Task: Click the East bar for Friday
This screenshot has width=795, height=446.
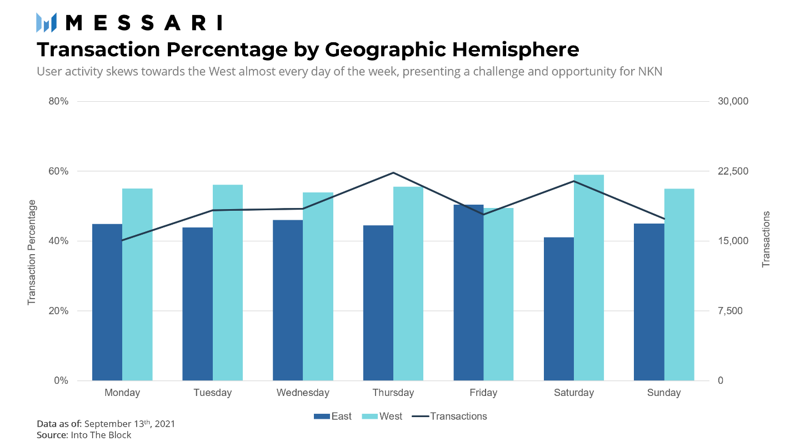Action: point(468,293)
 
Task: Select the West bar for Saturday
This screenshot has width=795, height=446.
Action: point(589,277)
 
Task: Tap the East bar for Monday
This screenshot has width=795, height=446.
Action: point(107,302)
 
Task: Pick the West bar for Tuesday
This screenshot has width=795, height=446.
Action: point(227,283)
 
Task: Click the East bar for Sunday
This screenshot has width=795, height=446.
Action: point(649,302)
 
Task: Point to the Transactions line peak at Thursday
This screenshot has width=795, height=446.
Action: point(393,173)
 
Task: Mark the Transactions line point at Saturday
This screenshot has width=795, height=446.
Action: point(574,181)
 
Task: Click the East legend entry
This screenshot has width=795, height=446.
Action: point(333,416)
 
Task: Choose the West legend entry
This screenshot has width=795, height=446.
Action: point(382,416)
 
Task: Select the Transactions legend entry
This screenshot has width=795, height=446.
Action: point(449,416)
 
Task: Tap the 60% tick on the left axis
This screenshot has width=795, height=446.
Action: point(58,171)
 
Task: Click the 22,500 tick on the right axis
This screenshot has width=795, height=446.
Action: point(733,171)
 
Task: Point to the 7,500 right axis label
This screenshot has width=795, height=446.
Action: point(730,311)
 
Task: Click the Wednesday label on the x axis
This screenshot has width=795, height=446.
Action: point(303,393)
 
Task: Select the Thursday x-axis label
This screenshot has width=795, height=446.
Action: point(393,393)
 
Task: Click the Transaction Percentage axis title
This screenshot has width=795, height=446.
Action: point(32,252)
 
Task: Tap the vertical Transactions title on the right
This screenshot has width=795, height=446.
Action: point(766,239)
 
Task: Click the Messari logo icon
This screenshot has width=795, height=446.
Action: point(46,23)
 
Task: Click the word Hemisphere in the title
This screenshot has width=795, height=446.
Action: point(516,49)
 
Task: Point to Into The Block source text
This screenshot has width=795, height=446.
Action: point(101,435)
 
